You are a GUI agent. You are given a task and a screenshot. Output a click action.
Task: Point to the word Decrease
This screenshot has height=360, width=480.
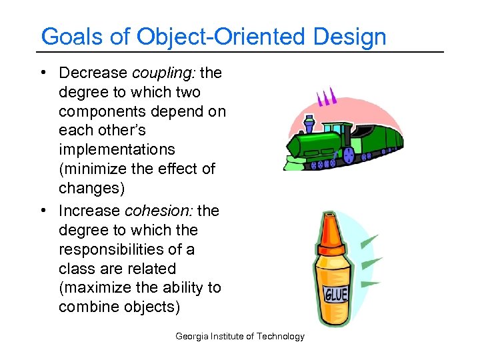(94, 73)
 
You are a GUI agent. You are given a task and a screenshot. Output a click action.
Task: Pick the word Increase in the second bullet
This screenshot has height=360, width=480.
(89, 211)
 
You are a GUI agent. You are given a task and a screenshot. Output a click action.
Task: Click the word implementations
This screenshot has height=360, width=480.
(117, 149)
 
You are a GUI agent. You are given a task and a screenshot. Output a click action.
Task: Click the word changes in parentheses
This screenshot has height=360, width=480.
(91, 188)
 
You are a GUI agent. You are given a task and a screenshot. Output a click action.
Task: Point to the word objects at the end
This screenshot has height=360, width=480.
(154, 307)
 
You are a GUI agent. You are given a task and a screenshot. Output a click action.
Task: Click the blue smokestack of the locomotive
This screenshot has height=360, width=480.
(308, 125)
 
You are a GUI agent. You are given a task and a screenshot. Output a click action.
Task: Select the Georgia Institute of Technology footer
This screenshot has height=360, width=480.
(239, 337)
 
